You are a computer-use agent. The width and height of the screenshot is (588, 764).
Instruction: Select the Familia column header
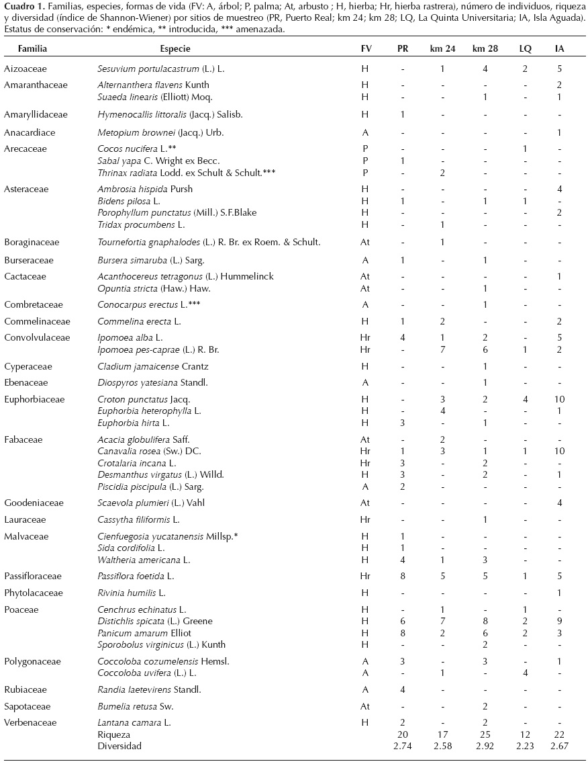(32, 49)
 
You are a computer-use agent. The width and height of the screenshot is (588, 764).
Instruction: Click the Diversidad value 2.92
(480, 746)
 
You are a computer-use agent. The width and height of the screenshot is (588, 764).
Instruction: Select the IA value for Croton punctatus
(560, 399)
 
